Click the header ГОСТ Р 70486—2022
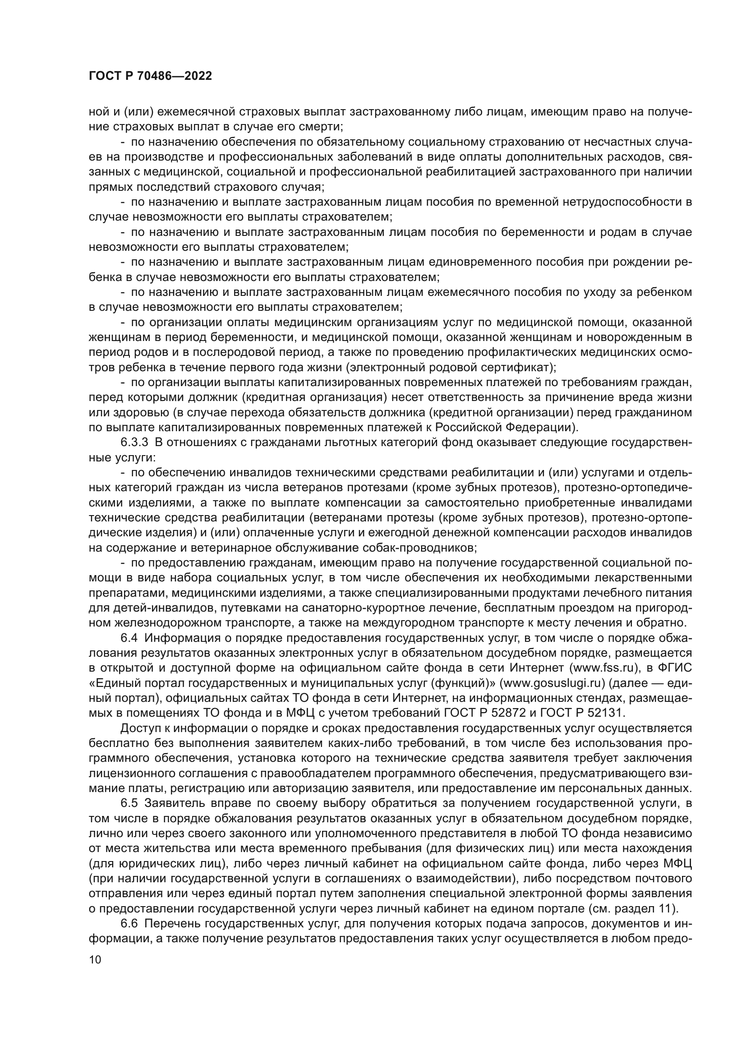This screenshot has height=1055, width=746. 150,76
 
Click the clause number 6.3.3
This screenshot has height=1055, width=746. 134,443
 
